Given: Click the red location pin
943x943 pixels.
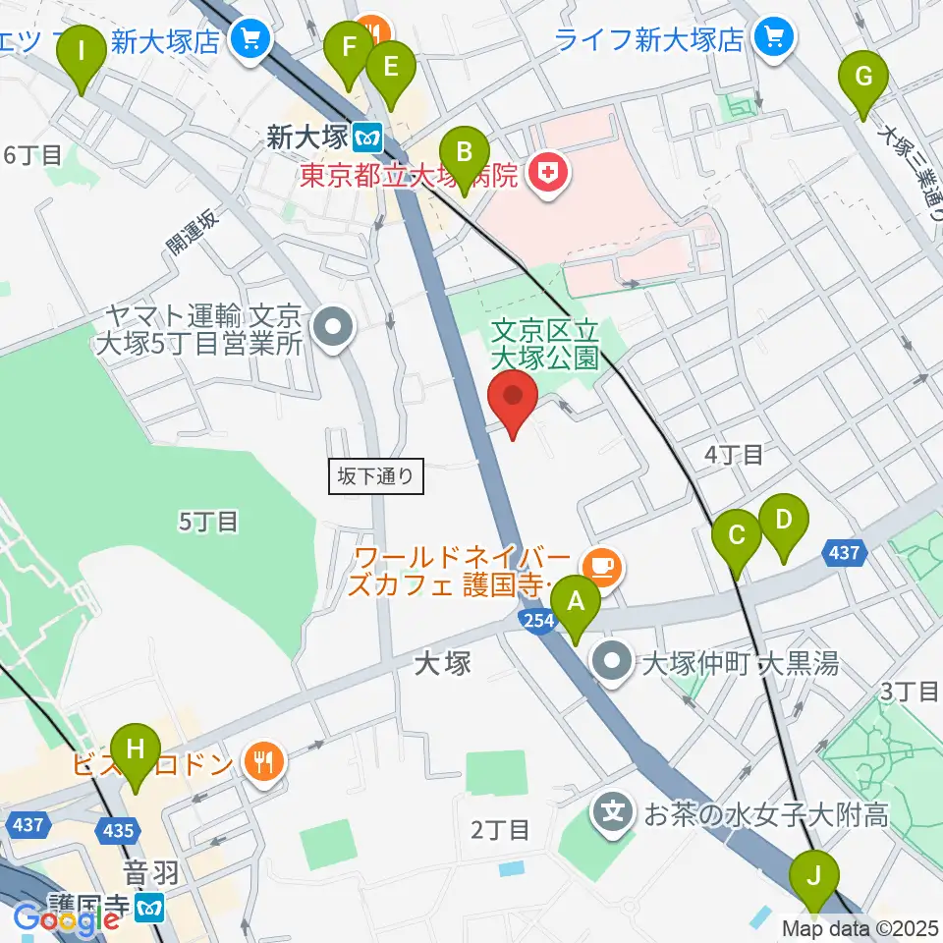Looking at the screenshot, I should tap(513, 403).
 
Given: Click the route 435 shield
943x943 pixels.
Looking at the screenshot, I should tap(119, 831).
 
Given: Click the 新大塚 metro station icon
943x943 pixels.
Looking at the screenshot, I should tap(369, 135).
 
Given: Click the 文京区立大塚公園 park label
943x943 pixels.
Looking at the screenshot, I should tap(545, 341).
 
